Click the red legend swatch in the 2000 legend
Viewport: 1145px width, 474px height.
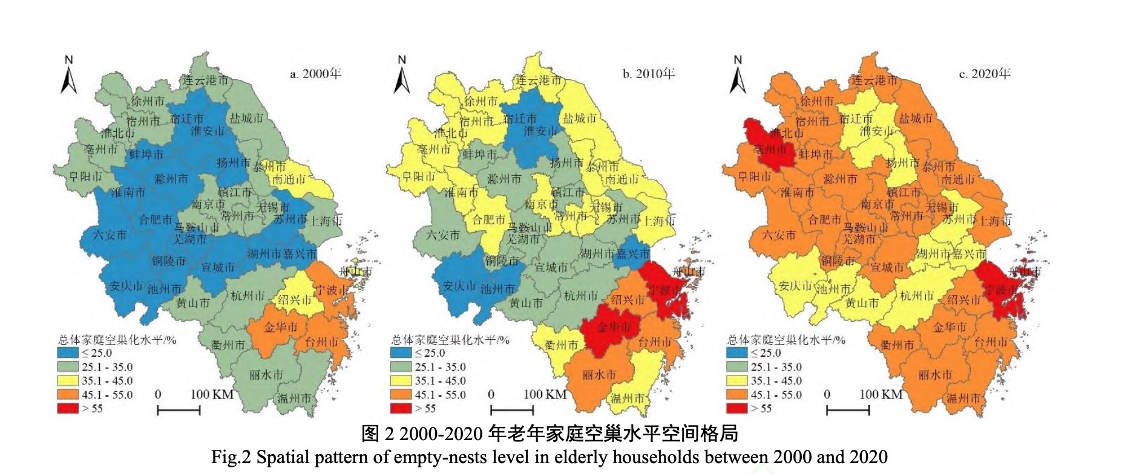(x=68, y=408)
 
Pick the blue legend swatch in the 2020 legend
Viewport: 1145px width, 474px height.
(x=737, y=353)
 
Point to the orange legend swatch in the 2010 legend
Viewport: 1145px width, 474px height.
(x=401, y=395)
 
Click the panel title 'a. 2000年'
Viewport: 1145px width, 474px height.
(x=315, y=74)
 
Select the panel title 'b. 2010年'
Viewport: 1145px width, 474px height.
(x=648, y=74)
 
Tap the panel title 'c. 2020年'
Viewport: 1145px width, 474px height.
(x=985, y=74)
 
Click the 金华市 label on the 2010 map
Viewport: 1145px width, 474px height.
(x=614, y=327)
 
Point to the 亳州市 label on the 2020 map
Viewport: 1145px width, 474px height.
(x=770, y=149)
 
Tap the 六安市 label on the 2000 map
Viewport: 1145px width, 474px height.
(x=110, y=235)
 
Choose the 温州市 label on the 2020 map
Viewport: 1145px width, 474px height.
(x=963, y=398)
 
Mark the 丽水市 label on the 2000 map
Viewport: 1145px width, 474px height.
(x=266, y=375)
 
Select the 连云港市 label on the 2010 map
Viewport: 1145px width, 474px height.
(x=538, y=80)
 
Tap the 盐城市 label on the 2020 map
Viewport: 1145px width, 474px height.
(x=915, y=118)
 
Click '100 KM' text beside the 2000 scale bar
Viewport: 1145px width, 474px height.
(x=212, y=394)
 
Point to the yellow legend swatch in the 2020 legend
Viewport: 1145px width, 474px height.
(x=737, y=381)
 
